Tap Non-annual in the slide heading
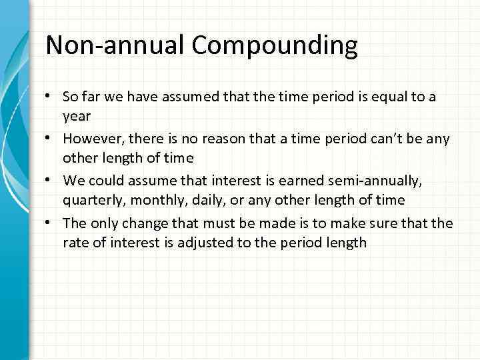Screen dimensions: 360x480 coord(115,45)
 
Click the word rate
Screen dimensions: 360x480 coord(75,242)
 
